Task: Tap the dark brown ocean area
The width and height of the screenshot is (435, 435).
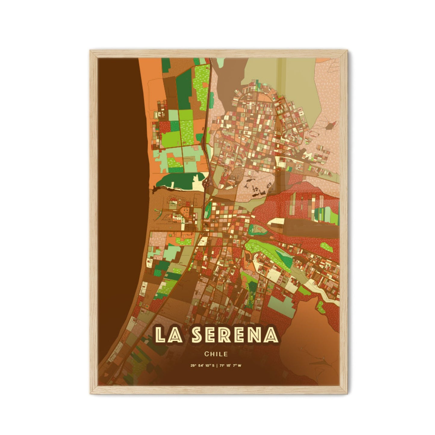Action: point(120,181)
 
